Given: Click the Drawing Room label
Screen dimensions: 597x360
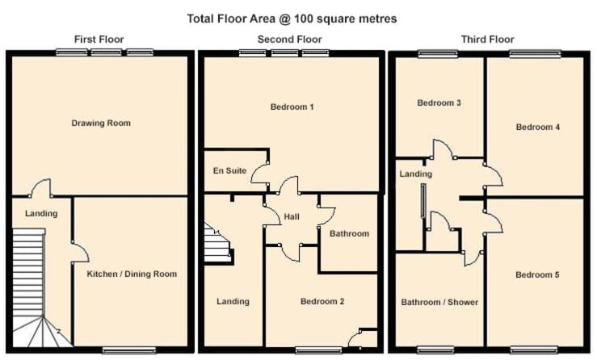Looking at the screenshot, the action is point(101,123).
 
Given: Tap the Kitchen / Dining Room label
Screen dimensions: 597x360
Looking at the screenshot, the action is point(132,274).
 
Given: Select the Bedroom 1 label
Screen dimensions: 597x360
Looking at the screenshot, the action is point(292,107).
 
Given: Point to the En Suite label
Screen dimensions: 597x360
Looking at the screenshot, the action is point(229,170).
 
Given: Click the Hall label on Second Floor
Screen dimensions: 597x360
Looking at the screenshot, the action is point(292,216).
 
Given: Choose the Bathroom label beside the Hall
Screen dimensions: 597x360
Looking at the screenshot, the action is point(349,233).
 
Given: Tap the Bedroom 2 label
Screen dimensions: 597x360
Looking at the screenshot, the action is point(322,301).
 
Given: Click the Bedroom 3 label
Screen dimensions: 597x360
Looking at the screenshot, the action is point(439,103).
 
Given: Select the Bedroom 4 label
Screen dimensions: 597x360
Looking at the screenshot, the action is point(537,127).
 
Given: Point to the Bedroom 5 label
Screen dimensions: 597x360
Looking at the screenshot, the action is point(537,274).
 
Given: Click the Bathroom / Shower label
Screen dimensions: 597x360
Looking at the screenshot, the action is point(439,302).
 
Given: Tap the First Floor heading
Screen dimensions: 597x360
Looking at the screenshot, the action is point(99,40).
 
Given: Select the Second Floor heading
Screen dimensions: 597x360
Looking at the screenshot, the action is point(289,40).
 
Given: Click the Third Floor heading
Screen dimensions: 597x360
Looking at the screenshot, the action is point(487,40).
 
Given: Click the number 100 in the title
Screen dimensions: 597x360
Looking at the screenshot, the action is point(300,19).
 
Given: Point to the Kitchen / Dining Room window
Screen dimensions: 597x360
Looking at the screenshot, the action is point(129,350).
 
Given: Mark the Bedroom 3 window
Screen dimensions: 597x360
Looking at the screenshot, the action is point(438,54).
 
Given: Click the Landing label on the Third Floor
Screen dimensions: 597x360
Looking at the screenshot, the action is point(415,174).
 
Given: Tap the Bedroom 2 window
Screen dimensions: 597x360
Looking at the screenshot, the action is point(318,350).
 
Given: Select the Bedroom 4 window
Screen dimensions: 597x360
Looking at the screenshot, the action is point(536,54).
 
